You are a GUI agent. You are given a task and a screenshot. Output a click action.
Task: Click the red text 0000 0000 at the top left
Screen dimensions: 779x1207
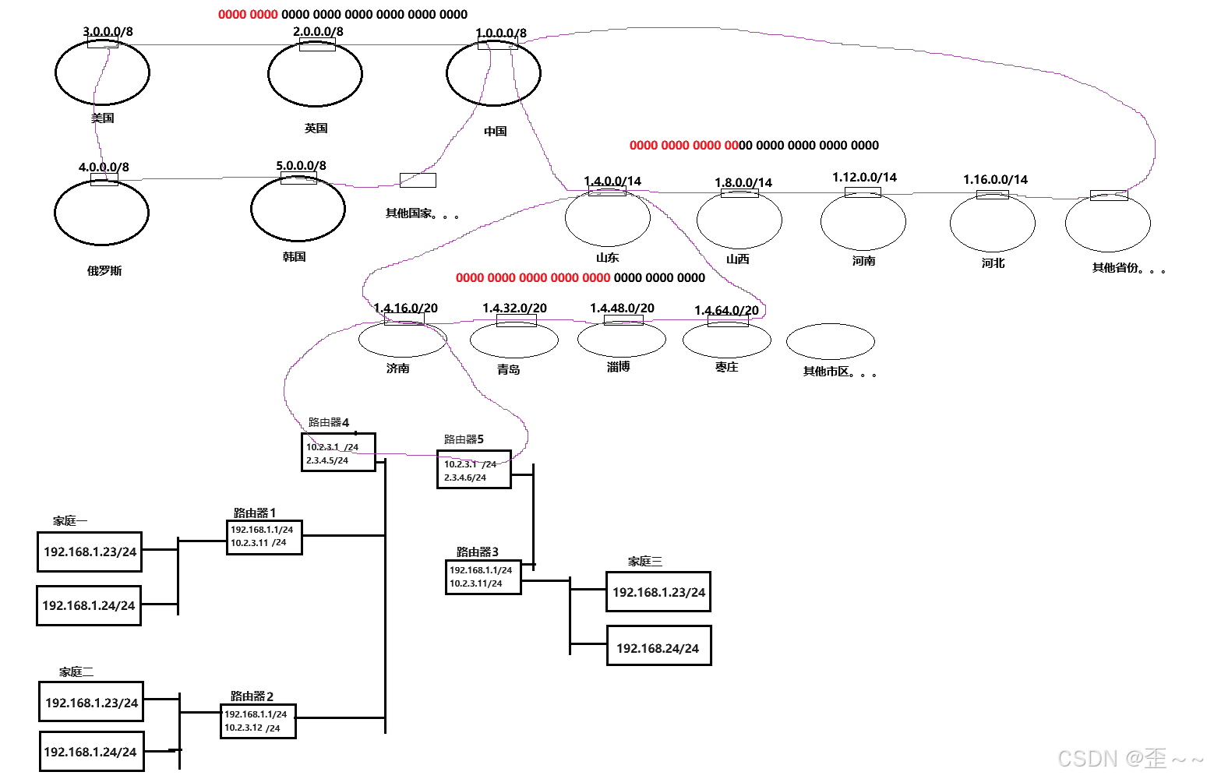[x=248, y=14]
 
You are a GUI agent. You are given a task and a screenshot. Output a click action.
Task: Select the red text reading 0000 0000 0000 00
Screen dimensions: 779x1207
[x=683, y=145]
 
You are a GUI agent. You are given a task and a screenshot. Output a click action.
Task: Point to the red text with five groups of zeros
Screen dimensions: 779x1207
[x=533, y=277]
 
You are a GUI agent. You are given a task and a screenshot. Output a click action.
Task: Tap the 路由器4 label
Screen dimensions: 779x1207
[x=328, y=422]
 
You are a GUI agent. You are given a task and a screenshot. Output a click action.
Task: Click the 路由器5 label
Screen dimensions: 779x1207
[x=464, y=439]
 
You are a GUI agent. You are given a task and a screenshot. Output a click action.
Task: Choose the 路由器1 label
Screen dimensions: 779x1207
[x=254, y=513]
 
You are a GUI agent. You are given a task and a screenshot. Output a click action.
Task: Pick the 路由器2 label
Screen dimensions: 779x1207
[x=252, y=696]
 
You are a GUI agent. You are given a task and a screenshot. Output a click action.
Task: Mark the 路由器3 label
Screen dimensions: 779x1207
[x=477, y=552]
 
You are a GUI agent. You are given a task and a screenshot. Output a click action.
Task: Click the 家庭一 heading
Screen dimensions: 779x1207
[x=70, y=520]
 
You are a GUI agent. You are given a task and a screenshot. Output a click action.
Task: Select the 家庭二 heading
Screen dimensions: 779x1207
[x=76, y=671]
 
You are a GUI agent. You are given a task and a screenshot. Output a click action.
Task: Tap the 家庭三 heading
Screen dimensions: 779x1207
[x=645, y=561]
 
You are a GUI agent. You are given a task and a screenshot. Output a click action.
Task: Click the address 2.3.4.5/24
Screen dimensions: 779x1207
[x=327, y=460]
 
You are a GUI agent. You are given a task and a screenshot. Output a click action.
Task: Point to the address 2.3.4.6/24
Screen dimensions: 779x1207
[x=465, y=478]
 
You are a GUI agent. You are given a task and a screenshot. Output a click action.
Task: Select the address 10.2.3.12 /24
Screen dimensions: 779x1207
[x=252, y=728]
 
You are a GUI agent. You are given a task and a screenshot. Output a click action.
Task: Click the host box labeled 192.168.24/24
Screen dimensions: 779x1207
[x=658, y=647]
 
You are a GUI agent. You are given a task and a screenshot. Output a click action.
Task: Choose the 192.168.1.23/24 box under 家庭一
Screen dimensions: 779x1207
[x=90, y=552]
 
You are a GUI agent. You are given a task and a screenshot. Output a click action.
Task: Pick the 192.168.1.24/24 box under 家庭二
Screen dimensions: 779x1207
[x=90, y=752]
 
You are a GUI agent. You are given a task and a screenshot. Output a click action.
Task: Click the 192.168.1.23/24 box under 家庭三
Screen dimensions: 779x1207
[x=658, y=592]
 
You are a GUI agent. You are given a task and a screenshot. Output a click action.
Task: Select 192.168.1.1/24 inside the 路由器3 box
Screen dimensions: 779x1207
[x=481, y=570]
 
